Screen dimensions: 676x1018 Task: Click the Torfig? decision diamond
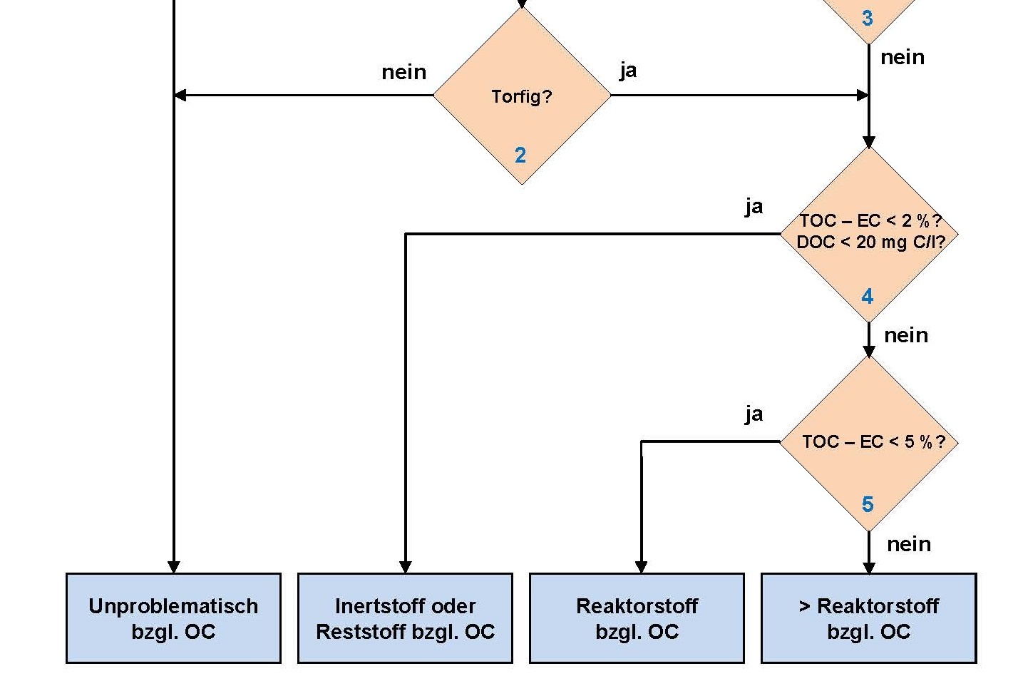tap(522, 96)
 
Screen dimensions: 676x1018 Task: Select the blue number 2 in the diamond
tap(520, 155)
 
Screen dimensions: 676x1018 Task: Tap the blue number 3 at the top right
tap(867, 18)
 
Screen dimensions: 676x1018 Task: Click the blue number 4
tap(867, 296)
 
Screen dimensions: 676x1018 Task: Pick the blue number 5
tap(867, 504)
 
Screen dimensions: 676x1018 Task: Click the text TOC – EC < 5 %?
tap(873, 442)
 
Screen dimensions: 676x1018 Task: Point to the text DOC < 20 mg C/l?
tap(870, 242)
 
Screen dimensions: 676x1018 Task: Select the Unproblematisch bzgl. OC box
tap(173, 618)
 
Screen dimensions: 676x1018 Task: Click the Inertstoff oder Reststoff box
tap(405, 618)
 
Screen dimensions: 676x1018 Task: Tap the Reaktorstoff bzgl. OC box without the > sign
tap(637, 618)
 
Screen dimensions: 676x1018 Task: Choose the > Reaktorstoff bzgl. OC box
tap(868, 618)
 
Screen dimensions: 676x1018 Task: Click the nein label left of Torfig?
tap(403, 72)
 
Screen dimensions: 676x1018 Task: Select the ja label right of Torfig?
tap(628, 70)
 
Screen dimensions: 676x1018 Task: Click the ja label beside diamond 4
tap(754, 207)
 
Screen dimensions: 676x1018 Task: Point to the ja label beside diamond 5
tap(754, 414)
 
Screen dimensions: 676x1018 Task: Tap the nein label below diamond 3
tap(903, 57)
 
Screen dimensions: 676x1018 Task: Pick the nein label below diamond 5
tap(909, 544)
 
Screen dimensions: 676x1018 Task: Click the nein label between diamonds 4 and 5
tap(906, 335)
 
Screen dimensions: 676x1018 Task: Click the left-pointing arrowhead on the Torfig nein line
tap(180, 95)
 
